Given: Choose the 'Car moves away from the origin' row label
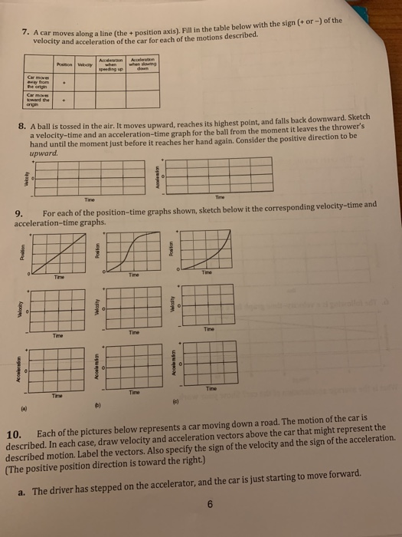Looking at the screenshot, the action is click(x=38, y=84).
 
